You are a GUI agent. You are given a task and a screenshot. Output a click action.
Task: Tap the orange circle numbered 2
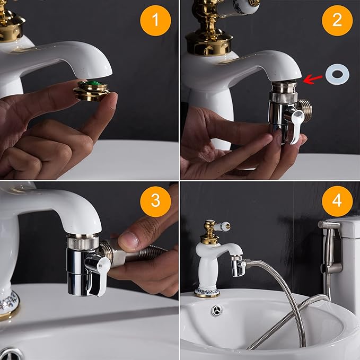click(337, 20)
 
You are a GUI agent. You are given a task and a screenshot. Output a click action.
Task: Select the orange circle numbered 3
click(156, 201)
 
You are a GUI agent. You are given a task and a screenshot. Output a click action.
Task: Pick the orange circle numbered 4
click(337, 201)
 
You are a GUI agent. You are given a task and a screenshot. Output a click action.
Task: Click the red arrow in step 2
click(314, 78)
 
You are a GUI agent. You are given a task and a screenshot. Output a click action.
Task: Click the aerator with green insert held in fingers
click(91, 90)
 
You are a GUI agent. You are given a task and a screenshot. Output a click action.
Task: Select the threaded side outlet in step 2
click(305, 108)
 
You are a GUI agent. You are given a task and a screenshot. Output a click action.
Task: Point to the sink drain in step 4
click(216, 311)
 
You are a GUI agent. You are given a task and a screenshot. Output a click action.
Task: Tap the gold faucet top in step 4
click(209, 232)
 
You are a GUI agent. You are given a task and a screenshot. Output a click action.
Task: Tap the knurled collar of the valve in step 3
click(82, 242)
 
